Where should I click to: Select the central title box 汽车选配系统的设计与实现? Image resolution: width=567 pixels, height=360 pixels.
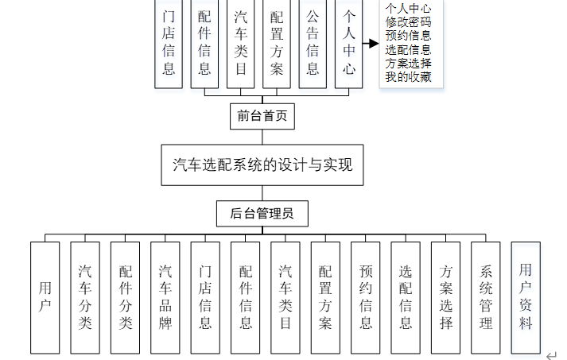(x=262, y=165)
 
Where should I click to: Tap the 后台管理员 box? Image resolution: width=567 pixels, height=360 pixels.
(x=262, y=213)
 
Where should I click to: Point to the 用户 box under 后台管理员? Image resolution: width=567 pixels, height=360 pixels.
(x=45, y=297)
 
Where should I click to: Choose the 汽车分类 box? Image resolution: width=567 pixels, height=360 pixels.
(x=85, y=297)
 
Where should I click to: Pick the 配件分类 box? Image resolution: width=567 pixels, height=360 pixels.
(x=125, y=297)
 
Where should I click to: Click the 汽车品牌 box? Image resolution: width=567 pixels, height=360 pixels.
(x=165, y=297)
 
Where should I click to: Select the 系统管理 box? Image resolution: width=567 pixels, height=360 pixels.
(x=487, y=297)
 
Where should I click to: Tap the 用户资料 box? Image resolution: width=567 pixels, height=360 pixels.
(x=526, y=297)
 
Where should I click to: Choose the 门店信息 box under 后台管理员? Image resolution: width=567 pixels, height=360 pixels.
(x=205, y=297)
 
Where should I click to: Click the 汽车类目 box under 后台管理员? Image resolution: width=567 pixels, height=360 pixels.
(x=285, y=297)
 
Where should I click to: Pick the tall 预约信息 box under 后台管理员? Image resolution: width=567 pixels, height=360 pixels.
(x=366, y=297)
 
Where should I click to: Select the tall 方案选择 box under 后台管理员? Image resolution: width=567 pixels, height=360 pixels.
(x=446, y=297)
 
